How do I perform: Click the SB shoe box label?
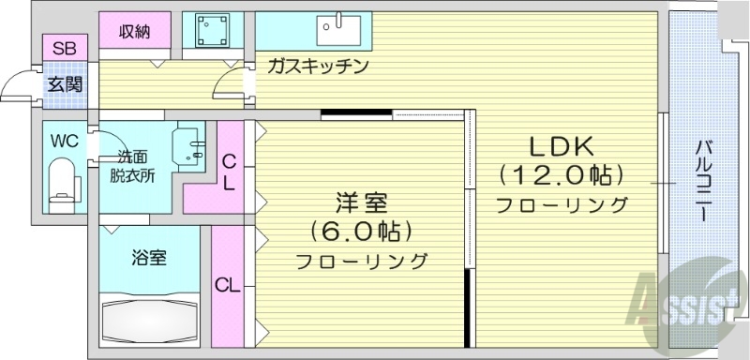pyautogui.click(x=65, y=48)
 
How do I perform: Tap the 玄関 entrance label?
pyautogui.click(x=65, y=83)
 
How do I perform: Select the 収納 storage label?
pyautogui.click(x=135, y=32)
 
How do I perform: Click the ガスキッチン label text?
pyautogui.click(x=316, y=67)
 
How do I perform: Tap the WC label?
pyautogui.click(x=64, y=142)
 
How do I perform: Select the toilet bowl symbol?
pyautogui.click(x=62, y=180)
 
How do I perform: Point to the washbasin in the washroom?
pyautogui.click(x=194, y=146)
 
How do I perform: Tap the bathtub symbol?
pyautogui.click(x=150, y=319)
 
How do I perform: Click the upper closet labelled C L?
pyautogui.click(x=228, y=172)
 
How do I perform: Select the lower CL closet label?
pyautogui.click(x=227, y=284)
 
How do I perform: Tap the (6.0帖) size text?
pyautogui.click(x=361, y=232)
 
